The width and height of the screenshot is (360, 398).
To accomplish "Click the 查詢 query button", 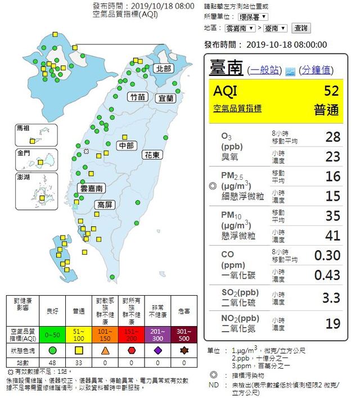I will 300,28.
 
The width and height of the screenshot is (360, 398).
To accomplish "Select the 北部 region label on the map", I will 163,68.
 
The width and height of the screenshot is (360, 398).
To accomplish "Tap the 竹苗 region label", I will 138,97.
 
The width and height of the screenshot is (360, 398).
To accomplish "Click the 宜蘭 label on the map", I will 166,98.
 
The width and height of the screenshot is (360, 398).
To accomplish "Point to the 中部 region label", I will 126,146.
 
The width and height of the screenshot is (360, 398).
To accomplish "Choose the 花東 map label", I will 152,154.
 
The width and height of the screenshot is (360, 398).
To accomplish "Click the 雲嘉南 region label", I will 92,188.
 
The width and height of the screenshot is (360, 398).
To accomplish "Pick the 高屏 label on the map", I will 104,205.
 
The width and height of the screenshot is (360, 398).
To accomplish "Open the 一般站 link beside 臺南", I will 265,70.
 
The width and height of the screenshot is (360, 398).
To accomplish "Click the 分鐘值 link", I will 316,70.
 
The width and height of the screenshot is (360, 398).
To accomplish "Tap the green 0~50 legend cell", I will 53,334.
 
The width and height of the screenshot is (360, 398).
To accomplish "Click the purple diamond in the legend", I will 158,350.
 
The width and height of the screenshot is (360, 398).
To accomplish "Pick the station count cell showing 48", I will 53,363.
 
